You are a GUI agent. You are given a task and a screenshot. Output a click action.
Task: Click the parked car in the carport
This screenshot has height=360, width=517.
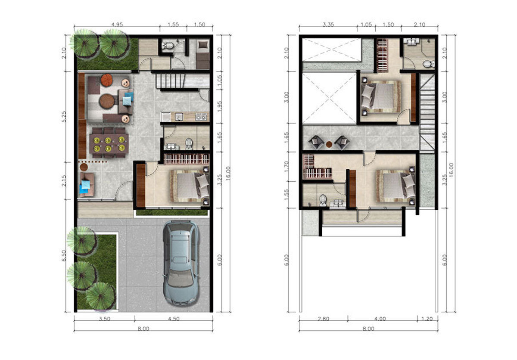click(181, 264)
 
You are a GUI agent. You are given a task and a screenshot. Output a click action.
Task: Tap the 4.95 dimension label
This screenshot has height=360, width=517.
click(117, 25)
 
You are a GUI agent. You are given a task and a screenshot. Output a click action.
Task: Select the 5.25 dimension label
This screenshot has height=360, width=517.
click(64, 117)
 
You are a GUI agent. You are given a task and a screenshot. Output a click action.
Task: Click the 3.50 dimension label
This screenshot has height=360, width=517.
click(105, 319)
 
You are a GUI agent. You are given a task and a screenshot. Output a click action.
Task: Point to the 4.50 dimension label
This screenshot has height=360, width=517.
click(174, 319)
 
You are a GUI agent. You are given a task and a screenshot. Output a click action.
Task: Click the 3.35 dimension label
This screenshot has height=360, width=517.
click(328, 25)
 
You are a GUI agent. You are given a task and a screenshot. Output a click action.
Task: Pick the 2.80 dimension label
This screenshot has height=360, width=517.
click(324, 319)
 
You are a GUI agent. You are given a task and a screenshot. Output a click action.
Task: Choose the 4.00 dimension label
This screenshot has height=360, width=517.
click(380, 319)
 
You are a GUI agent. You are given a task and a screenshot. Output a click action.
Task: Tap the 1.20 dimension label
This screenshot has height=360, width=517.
click(427, 319)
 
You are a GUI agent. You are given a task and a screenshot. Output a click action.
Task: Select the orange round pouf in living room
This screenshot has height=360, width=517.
click(107, 80)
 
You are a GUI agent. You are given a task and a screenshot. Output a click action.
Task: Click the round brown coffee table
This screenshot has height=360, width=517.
click(107, 101)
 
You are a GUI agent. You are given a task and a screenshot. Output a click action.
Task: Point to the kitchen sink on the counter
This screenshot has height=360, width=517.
click(179, 117)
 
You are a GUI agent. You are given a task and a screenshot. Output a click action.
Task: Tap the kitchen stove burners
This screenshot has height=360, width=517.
click(201, 117)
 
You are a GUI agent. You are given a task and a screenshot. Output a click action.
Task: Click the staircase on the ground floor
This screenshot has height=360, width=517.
click(182, 81)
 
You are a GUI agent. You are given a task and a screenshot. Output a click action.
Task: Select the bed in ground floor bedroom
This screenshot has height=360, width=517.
click(189, 186)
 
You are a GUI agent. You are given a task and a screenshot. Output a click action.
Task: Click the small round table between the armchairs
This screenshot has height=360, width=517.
click(329, 145)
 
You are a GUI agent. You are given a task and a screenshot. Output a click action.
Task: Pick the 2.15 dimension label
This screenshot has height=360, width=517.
click(64, 181)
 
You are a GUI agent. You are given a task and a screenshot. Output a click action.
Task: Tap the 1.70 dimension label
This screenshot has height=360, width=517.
click(287, 166)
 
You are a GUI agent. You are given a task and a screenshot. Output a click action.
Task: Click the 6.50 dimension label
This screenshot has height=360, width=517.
click(64, 256)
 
